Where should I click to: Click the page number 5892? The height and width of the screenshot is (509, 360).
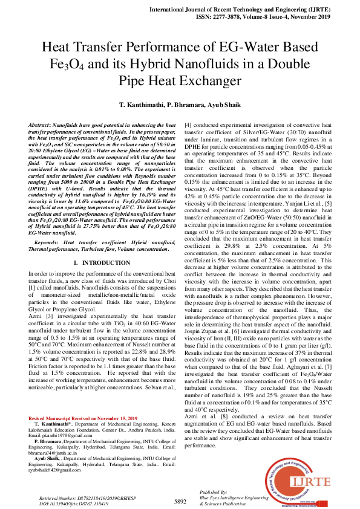pos(180,501)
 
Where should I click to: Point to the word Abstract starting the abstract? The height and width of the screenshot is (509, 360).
pos(40,123)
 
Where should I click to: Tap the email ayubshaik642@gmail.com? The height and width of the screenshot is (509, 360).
pos(54,469)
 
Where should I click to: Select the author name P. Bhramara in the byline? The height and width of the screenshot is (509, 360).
pos(186,105)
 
